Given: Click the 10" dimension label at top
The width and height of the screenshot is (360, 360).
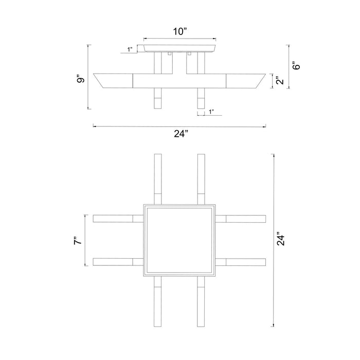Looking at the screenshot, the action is [x=180, y=31].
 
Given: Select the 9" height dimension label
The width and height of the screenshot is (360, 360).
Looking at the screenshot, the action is [x=81, y=78].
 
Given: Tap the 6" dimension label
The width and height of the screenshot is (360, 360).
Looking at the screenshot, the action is [x=296, y=65].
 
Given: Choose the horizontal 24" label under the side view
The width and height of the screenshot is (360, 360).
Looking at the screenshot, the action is [x=181, y=134].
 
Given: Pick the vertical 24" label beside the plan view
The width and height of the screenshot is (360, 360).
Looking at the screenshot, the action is [x=281, y=240].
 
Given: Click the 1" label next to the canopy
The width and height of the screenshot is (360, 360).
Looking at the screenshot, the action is [x=130, y=49].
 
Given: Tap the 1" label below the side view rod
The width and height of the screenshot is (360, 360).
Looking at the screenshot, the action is [x=211, y=112].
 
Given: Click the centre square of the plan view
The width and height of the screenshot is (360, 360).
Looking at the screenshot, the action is [x=180, y=240].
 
